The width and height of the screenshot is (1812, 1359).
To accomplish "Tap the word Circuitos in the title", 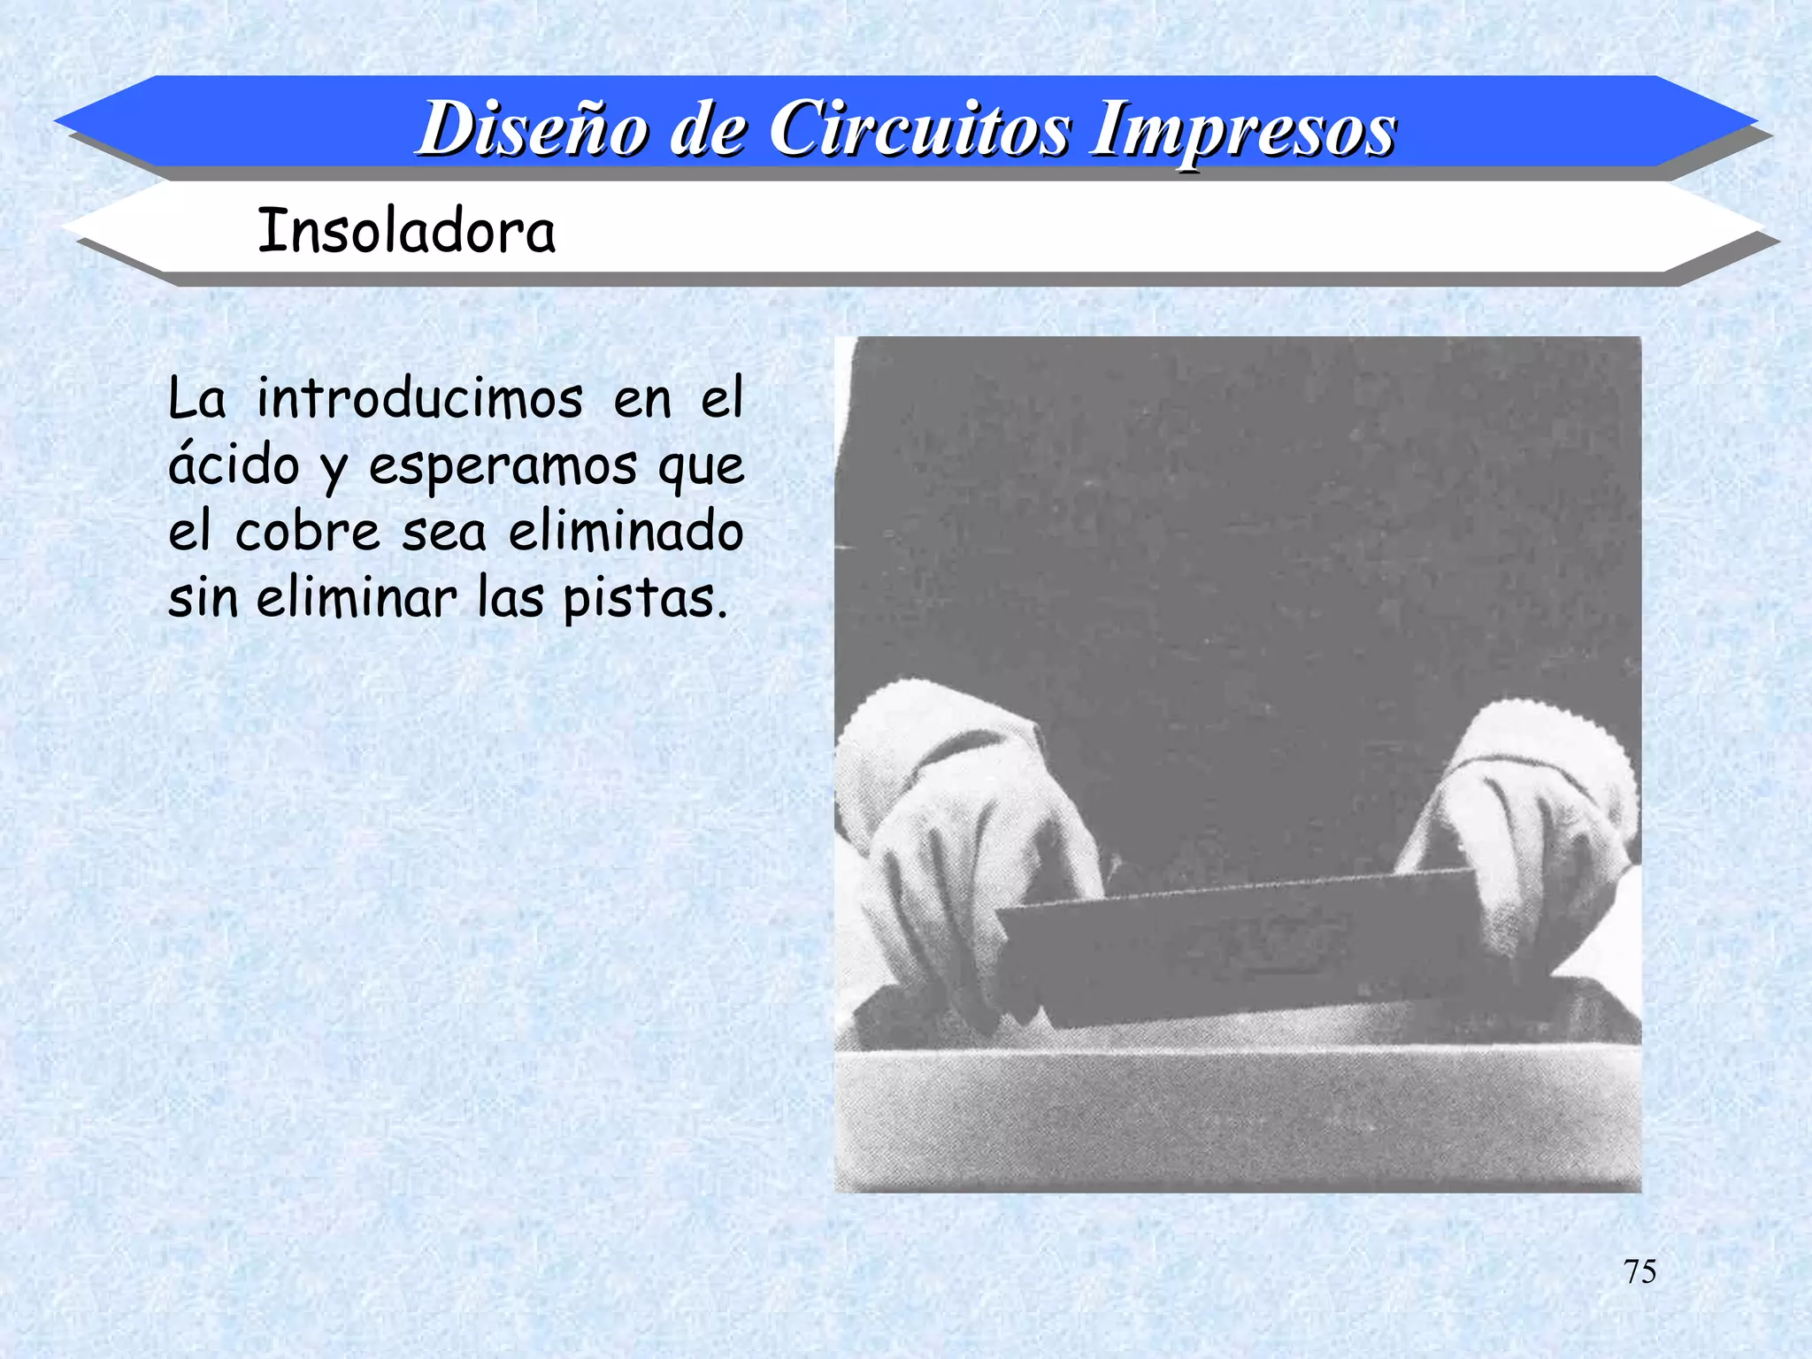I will pos(919,129).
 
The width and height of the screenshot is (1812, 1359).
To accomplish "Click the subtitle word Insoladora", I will pos(406,231).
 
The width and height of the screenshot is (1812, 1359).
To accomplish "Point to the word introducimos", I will pos(419,399).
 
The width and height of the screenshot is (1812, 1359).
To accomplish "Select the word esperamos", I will pos(502,466).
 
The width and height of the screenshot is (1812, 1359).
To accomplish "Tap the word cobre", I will pos(307,533).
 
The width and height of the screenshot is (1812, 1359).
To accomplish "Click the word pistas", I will pos(644,600).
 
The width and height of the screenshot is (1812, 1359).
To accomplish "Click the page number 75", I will pos(1639,1271).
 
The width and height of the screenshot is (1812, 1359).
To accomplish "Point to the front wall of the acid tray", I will pos(1239,1119).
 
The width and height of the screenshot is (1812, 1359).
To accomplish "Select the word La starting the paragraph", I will pos(196,399).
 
